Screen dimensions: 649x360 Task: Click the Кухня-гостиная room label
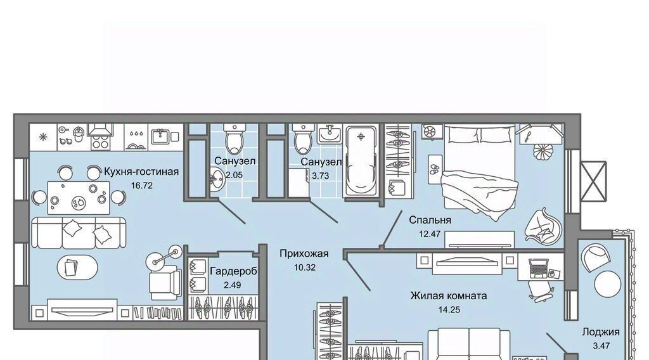[141, 171]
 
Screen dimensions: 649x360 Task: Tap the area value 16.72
[141, 185]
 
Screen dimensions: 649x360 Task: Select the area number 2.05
[235, 175]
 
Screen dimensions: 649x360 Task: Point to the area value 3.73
[320, 176]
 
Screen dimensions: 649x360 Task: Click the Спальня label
[430, 220]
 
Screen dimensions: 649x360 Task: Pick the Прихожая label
[304, 254]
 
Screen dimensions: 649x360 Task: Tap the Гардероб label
[233, 271]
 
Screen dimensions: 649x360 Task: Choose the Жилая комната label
[449, 296]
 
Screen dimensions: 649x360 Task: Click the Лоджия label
[601, 332]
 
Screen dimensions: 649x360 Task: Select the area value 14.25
[449, 309]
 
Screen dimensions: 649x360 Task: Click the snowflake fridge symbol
[43, 137]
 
